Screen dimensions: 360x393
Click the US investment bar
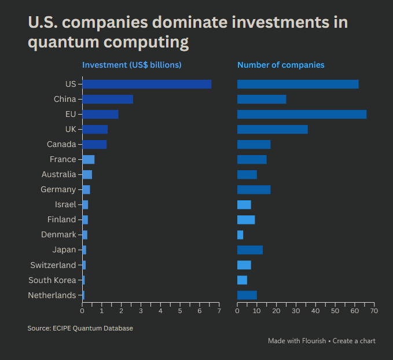146,84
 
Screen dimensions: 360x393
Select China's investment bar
108,99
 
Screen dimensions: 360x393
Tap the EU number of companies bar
302,114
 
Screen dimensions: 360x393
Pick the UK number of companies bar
272,129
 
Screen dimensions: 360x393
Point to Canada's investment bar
94,144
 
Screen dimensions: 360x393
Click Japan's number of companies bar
250,249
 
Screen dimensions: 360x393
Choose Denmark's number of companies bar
240,234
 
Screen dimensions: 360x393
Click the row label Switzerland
53,265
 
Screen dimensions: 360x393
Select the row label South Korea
52,280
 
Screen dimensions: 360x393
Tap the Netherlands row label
52,295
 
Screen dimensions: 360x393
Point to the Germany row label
58,189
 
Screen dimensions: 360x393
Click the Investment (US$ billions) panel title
132,65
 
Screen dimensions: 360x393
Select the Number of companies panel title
281,65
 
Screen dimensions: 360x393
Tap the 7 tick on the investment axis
219,311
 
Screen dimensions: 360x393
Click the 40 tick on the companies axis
315,311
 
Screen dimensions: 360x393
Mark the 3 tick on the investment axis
141,311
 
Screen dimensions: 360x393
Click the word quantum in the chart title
58,42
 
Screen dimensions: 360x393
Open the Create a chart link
354,341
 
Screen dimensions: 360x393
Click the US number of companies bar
297,84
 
